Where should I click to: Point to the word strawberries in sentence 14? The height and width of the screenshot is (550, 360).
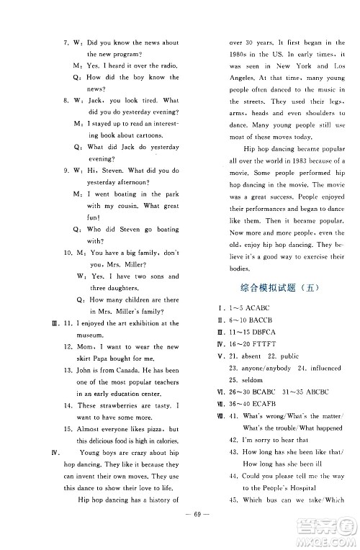114,407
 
